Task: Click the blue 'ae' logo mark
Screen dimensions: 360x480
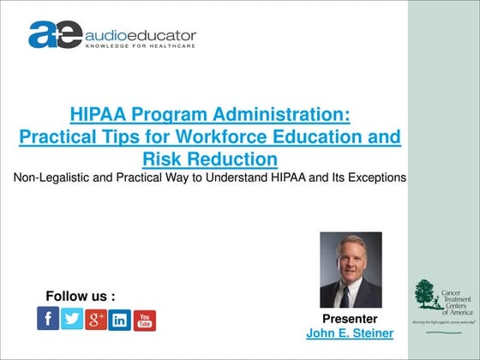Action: [54, 35]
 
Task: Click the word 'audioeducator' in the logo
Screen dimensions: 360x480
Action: [140, 36]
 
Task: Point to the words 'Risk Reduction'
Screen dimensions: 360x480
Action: [210, 159]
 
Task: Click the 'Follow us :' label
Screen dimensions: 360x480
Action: [81, 297]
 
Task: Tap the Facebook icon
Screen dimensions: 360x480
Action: [48, 319]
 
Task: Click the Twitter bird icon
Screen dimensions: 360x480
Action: [72, 319]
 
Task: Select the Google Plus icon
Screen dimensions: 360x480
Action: [96, 320]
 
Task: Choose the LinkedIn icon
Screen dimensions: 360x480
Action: [120, 321]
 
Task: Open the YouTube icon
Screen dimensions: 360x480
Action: [145, 321]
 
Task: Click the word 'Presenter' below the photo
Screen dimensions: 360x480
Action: [351, 319]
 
